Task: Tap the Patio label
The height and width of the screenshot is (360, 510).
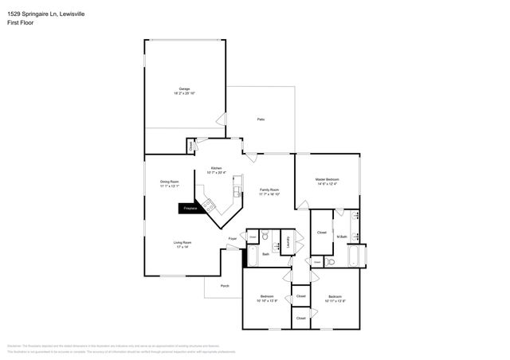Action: (x=261, y=119)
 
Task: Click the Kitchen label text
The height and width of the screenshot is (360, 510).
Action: (x=215, y=168)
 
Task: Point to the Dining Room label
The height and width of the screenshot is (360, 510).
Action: (x=170, y=182)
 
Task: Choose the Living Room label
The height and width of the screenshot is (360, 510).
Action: (x=182, y=242)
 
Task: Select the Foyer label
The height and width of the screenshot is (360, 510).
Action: (x=233, y=238)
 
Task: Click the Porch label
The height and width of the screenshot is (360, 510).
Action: (x=225, y=285)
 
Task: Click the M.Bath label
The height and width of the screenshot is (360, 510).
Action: (x=341, y=237)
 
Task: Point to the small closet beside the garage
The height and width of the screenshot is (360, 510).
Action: (x=190, y=147)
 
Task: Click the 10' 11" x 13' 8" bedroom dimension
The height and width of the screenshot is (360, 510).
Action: (x=335, y=301)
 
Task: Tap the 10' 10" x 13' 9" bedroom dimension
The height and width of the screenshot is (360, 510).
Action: (x=267, y=301)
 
